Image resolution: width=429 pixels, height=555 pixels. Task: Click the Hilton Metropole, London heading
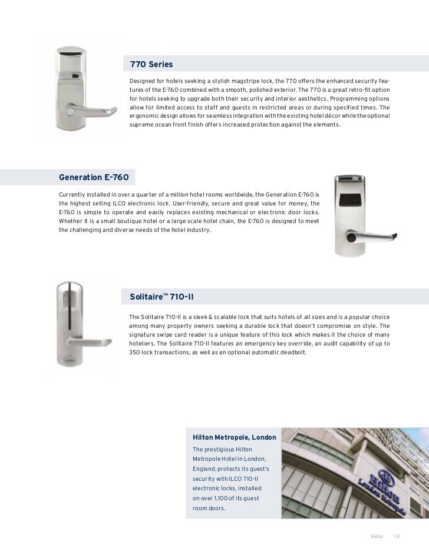coord(235,438)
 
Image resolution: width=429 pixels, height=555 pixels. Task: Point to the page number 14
coord(397,536)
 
